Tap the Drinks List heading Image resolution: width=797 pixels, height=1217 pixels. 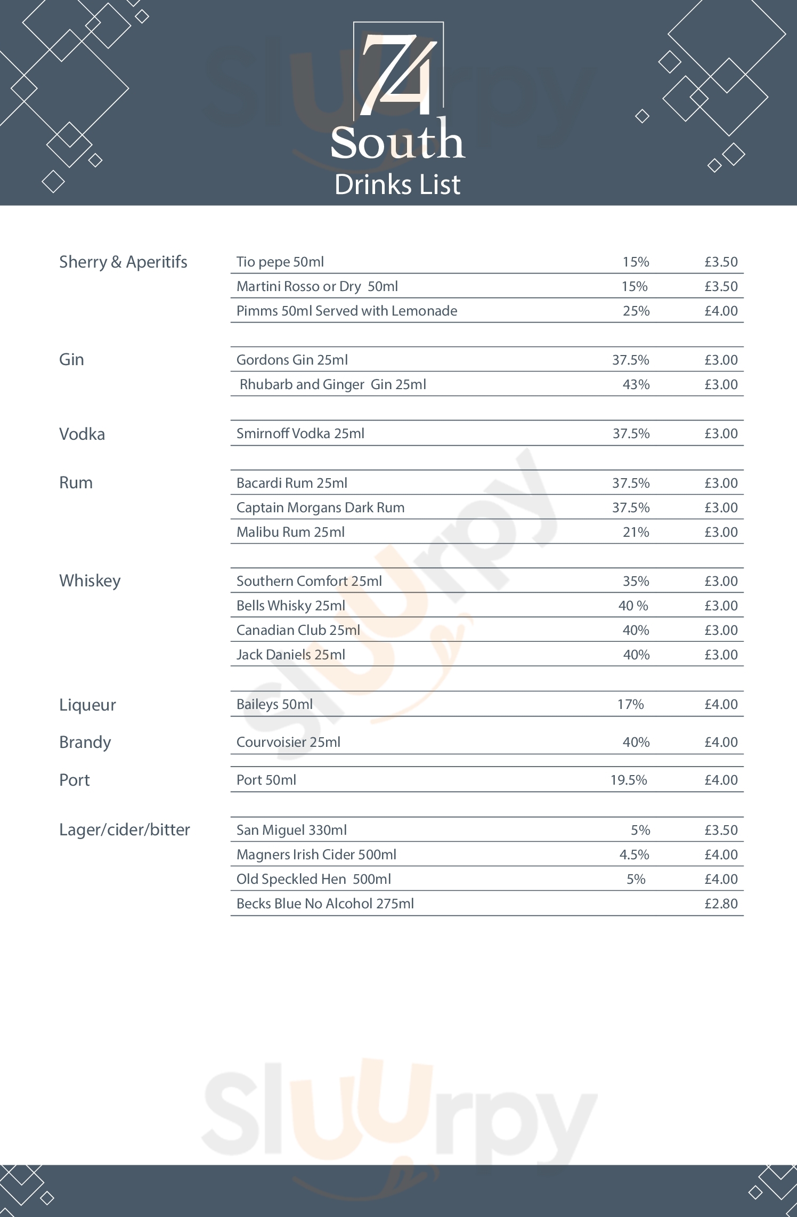tap(397, 185)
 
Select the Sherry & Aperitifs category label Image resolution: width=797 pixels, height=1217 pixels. tap(123, 262)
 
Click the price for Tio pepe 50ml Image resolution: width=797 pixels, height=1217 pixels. tap(721, 262)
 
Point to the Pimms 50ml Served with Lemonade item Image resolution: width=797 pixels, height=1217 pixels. tap(347, 311)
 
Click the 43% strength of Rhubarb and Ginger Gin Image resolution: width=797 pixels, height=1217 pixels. tap(636, 385)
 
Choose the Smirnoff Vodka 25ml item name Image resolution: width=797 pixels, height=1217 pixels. tap(300, 434)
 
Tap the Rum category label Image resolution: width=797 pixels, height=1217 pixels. tap(76, 483)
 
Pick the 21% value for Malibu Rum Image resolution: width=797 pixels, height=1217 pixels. tap(636, 533)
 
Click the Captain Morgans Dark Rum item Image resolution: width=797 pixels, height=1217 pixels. tap(320, 508)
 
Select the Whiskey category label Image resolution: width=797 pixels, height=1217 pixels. tap(90, 581)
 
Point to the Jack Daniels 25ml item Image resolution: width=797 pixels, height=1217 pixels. tap(291, 655)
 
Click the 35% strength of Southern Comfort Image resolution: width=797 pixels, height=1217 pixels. tap(636, 582)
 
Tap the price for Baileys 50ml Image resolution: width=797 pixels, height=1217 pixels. tap(721, 705)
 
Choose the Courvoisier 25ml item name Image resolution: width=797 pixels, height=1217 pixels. tap(288, 743)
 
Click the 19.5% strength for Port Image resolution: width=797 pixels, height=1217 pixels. tap(629, 780)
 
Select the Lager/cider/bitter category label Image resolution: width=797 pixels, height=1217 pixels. tap(125, 830)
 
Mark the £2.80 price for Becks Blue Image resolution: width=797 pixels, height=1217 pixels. tap(721, 904)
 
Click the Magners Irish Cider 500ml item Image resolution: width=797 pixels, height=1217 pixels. tap(316, 855)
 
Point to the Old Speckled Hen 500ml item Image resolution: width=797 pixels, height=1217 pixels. tap(314, 880)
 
